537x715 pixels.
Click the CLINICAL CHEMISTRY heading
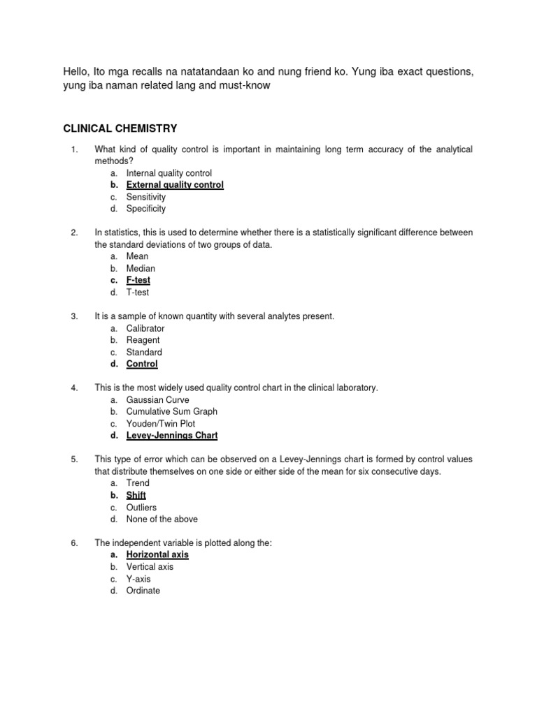pyautogui.click(x=120, y=128)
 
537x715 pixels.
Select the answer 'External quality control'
pyautogui.click(x=175, y=185)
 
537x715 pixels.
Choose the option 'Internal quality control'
pyautogui.click(x=169, y=173)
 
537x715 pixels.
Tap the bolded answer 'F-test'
pyautogui.click(x=138, y=280)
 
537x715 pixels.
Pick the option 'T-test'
pyautogui.click(x=138, y=293)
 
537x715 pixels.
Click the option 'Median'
pyautogui.click(x=141, y=268)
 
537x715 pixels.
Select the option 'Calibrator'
pyautogui.click(x=145, y=328)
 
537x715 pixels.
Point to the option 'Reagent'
pyautogui.click(x=143, y=340)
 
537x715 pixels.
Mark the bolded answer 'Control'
pyautogui.click(x=142, y=364)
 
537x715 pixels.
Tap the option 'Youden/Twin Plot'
pyautogui.click(x=161, y=424)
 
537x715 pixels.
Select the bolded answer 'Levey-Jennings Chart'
pyautogui.click(x=172, y=436)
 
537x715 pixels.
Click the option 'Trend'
pyautogui.click(x=138, y=483)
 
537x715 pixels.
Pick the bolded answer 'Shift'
pyautogui.click(x=136, y=495)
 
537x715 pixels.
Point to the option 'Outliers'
pyautogui.click(x=141, y=507)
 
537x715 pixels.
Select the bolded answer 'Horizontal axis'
pyautogui.click(x=157, y=555)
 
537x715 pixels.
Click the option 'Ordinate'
pyautogui.click(x=143, y=591)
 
